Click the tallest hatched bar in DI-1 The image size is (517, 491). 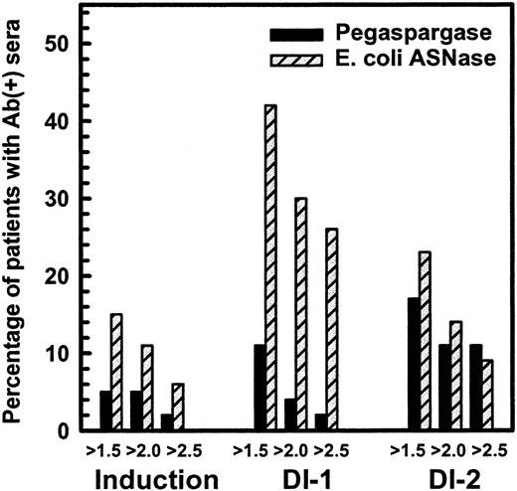(270, 268)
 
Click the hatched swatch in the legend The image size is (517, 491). (299, 57)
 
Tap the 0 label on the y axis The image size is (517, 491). (62, 431)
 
